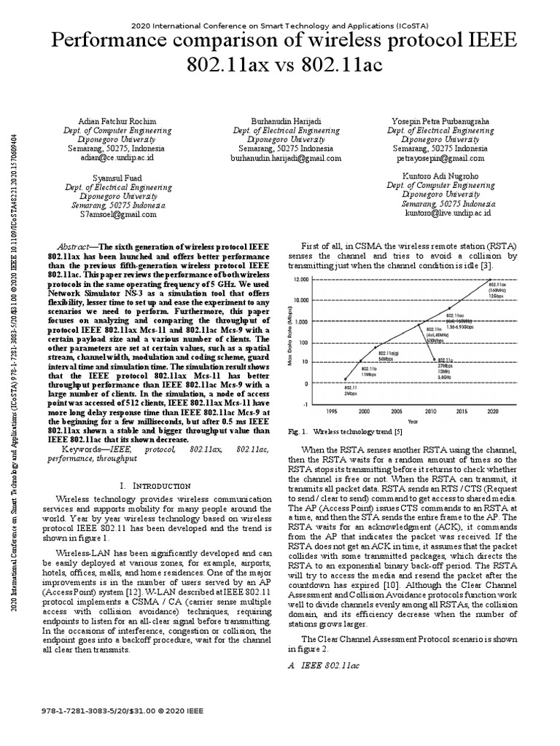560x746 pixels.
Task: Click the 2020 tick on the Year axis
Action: pyautogui.click(x=493, y=411)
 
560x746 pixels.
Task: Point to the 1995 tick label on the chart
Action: pyautogui.click(x=332, y=411)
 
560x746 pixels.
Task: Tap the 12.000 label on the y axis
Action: pyautogui.click(x=301, y=279)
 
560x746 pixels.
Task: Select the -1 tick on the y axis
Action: pyautogui.click(x=306, y=402)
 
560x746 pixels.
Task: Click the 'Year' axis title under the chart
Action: pyautogui.click(x=413, y=421)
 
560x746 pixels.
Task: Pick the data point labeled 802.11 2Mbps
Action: pyautogui.click(x=346, y=378)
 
